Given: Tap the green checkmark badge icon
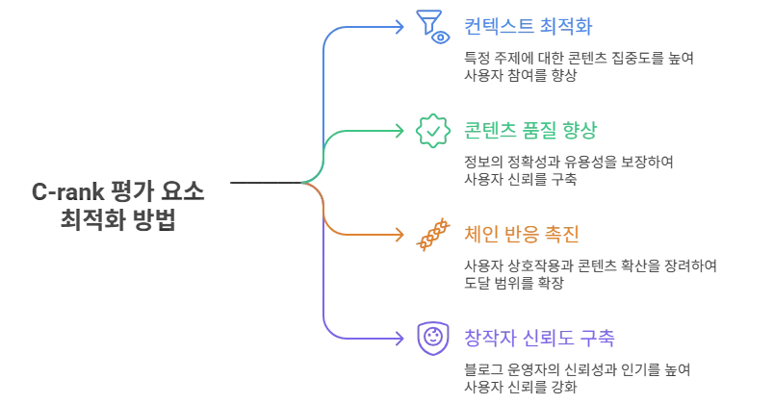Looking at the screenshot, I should pyautogui.click(x=430, y=129).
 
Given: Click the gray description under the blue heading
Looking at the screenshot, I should pyautogui.click(x=576, y=66).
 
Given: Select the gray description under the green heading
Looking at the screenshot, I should pyautogui.click(x=568, y=168).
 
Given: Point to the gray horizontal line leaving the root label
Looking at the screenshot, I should pyautogui.click(x=260, y=181).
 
